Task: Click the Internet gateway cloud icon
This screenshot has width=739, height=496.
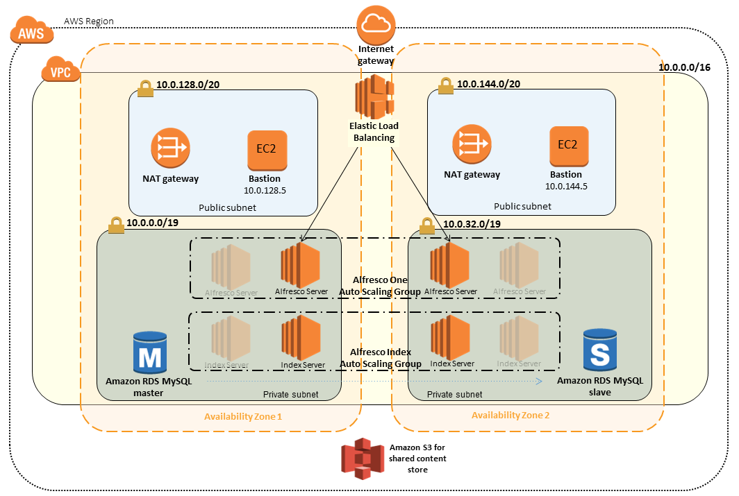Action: tap(376, 25)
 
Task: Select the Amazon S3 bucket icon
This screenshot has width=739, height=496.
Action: tap(362, 459)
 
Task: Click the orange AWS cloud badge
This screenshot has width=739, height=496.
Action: tap(31, 33)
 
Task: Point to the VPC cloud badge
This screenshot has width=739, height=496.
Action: tap(60, 71)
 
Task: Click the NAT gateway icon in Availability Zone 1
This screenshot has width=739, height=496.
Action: tap(170, 146)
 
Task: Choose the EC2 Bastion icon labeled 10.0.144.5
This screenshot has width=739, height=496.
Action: tap(567, 145)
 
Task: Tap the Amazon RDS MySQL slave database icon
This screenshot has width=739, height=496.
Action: tap(599, 349)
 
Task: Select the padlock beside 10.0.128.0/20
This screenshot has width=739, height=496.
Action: tap(145, 87)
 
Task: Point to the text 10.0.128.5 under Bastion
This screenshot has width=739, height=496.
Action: tap(264, 189)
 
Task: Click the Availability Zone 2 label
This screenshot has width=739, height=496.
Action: tap(510, 415)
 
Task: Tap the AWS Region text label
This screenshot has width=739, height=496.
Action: tap(88, 22)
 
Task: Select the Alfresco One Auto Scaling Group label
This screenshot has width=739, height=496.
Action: tap(380, 286)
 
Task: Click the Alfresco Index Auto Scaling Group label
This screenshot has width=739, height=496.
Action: tap(380, 357)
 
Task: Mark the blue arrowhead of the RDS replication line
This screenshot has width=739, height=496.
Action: tap(538, 381)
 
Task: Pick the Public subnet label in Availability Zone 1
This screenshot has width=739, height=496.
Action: tap(227, 207)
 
